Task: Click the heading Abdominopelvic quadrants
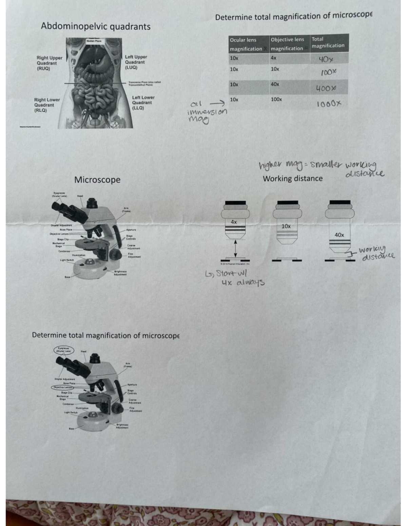click(x=96, y=26)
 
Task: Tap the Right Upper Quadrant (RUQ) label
click(x=49, y=63)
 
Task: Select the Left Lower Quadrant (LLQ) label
click(x=143, y=103)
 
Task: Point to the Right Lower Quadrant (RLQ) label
click(x=47, y=105)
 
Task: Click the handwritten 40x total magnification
click(x=326, y=60)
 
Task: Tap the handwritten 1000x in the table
click(x=328, y=104)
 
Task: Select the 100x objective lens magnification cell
click(x=276, y=100)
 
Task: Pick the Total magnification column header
click(x=328, y=42)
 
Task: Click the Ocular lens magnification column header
click(x=246, y=44)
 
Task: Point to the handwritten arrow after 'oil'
click(x=217, y=103)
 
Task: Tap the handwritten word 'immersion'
click(x=207, y=112)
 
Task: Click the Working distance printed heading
click(x=292, y=178)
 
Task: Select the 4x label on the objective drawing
click(x=234, y=222)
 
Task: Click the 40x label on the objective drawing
click(x=339, y=235)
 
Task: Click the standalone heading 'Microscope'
click(x=97, y=180)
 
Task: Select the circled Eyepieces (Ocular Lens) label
click(x=63, y=349)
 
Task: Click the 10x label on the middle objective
click(x=286, y=226)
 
